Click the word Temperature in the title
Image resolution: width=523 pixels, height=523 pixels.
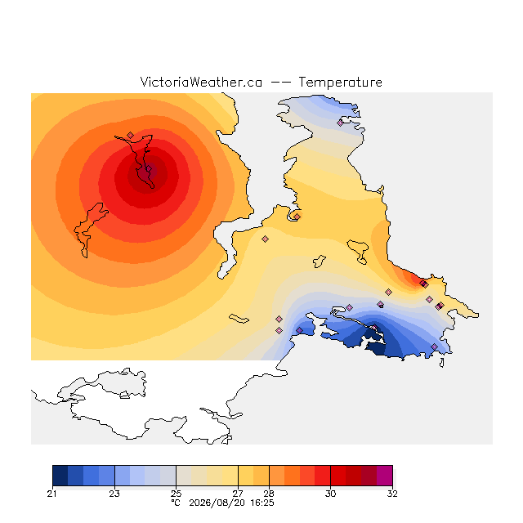340,82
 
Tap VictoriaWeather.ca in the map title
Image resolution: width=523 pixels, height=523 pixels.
201,82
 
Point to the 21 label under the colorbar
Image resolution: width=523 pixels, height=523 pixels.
51,494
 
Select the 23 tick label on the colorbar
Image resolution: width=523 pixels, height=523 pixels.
114,494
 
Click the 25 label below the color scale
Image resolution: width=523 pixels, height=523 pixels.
177,494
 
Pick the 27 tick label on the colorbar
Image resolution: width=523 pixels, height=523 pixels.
238,494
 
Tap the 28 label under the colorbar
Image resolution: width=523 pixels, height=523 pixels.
269,494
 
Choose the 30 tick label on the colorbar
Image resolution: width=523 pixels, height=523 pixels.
330,494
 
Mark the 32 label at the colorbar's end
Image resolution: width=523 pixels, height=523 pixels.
392,494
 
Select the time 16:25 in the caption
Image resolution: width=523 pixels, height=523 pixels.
262,503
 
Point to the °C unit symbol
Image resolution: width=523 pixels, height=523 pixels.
176,503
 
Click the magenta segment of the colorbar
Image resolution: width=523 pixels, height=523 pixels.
385,476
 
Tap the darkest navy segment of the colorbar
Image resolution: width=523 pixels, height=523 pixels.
60,476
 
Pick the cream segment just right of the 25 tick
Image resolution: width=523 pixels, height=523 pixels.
184,476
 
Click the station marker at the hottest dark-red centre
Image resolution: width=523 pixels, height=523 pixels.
149,169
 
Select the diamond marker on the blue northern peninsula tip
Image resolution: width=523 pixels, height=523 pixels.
340,123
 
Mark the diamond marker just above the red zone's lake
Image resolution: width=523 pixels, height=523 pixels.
131,135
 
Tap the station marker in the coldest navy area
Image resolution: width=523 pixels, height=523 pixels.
374,327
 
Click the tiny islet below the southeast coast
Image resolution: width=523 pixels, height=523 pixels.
442,363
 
